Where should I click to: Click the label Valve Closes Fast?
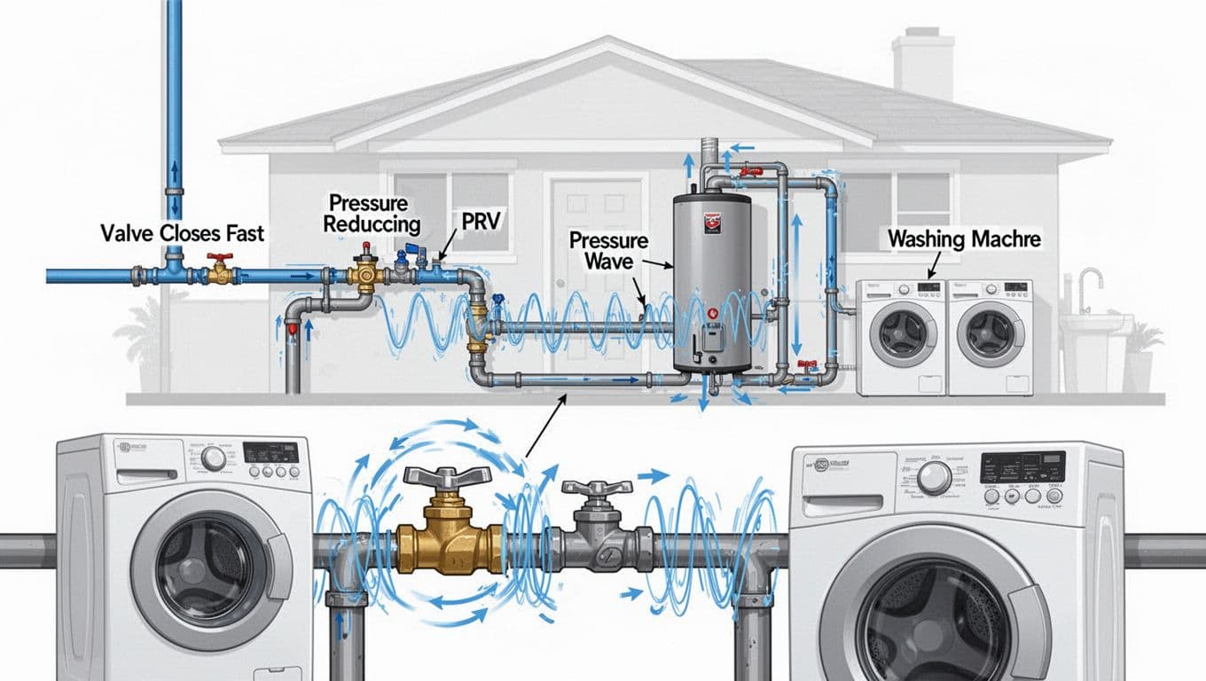coord(182,234)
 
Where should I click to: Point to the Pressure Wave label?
coord(609,250)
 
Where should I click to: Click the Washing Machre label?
coord(964,239)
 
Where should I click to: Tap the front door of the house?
coord(597,266)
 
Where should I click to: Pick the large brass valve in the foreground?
coord(449,532)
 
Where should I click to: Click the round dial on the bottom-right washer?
coord(934,478)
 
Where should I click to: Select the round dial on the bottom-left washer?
coord(213,458)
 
